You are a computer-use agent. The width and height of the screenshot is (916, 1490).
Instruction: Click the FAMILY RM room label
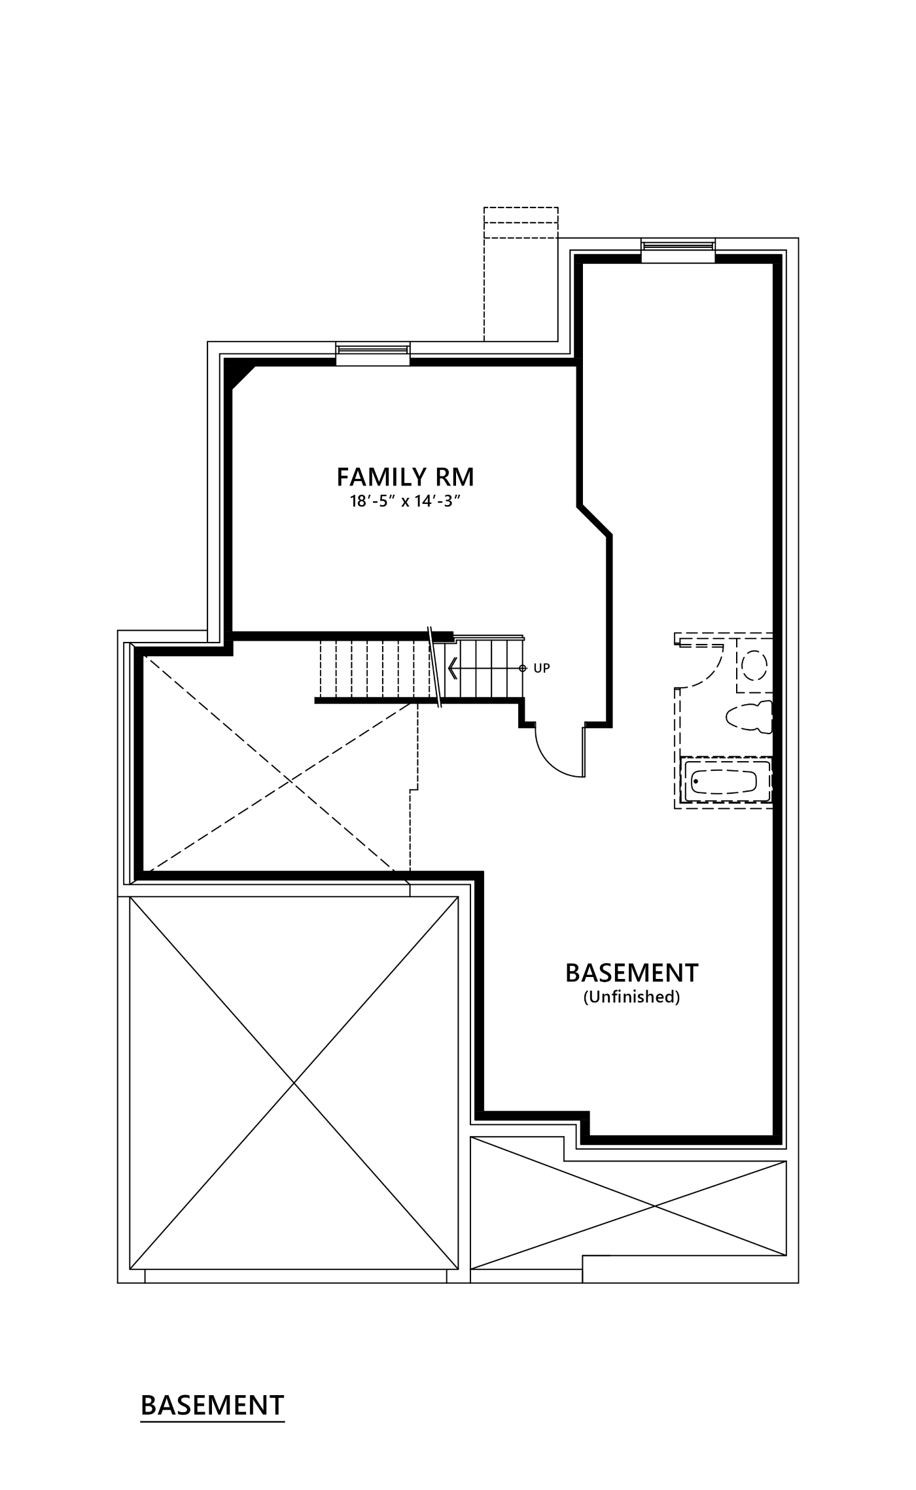(x=405, y=477)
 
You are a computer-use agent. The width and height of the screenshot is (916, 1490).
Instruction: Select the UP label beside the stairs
(x=542, y=668)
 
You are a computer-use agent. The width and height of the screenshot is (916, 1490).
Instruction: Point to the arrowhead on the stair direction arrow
(x=452, y=668)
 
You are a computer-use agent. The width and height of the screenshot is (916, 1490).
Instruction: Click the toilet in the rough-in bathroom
(x=750, y=717)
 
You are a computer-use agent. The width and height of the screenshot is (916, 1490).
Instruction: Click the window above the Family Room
(x=373, y=353)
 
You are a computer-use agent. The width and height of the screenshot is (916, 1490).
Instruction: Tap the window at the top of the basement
(x=678, y=250)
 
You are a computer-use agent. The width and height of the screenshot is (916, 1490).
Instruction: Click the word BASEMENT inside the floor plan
(x=632, y=973)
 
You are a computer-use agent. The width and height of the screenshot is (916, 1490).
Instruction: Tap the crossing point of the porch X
(x=654, y=1205)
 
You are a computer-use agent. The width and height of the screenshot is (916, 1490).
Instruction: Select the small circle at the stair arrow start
(x=522, y=668)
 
